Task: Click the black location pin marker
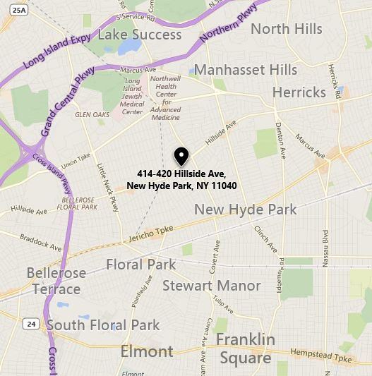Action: (181, 156)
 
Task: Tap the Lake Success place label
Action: (139, 34)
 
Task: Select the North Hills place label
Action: (286, 29)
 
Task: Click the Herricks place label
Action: (299, 92)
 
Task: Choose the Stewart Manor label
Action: (211, 286)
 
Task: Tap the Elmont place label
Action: (147, 351)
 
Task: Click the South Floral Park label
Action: (103, 325)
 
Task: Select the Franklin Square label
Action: (246, 348)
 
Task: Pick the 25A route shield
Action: (20, 10)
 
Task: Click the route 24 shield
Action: (30, 324)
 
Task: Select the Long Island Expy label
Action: (56, 50)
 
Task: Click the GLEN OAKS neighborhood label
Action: (91, 114)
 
